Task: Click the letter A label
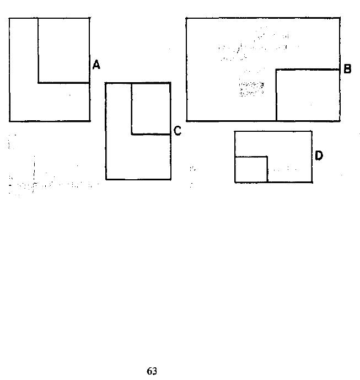[x=96, y=65]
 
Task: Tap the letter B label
[x=347, y=69]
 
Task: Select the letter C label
[x=178, y=131]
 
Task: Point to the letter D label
[x=319, y=156]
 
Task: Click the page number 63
[x=152, y=371]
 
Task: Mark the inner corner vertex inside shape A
[x=38, y=83]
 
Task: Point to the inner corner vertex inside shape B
[x=276, y=70]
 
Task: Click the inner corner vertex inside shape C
[x=132, y=134]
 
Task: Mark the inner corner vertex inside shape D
[x=267, y=157]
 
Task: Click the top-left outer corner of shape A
[x=9, y=18]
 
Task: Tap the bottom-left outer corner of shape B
[x=186, y=120]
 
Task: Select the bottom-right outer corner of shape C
[x=170, y=179]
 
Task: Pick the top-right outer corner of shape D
[x=312, y=131]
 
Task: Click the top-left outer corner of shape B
[x=186, y=18]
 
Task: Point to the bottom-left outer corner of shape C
[x=106, y=179]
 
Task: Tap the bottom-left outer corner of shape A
[x=10, y=121]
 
